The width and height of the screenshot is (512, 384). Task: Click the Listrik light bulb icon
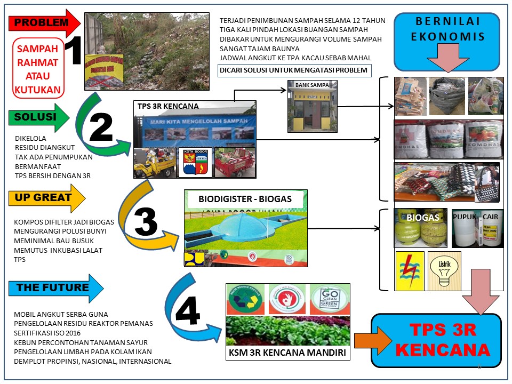point(444,271)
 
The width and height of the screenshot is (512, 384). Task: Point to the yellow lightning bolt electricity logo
point(410,271)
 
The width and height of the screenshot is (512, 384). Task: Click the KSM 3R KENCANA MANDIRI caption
point(287,354)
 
